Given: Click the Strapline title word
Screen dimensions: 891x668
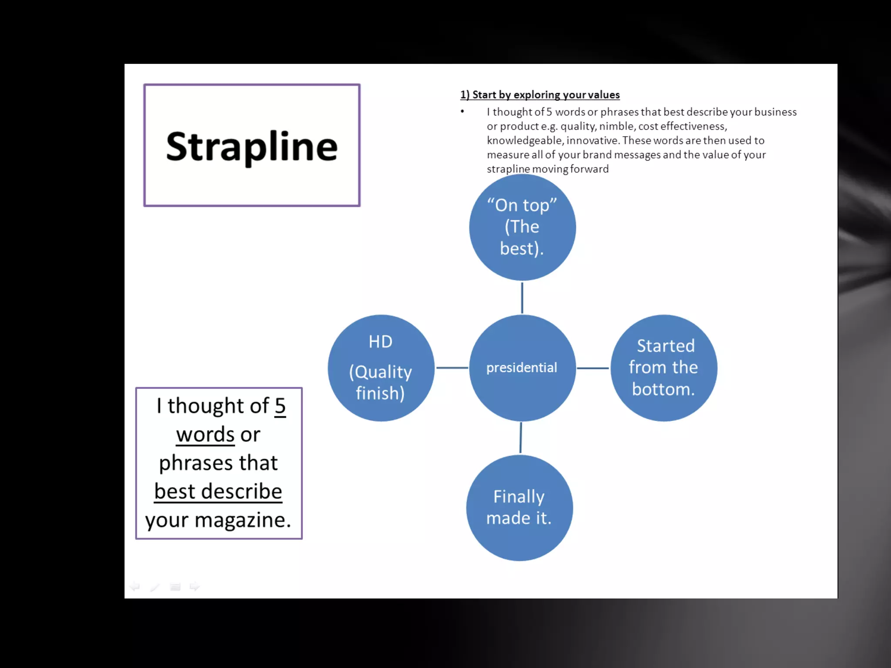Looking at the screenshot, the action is point(251,147).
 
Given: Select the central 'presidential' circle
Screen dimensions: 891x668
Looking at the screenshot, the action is point(522,368).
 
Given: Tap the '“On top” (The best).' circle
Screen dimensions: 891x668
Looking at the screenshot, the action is point(522,227).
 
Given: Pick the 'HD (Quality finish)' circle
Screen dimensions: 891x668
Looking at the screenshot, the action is point(381,368).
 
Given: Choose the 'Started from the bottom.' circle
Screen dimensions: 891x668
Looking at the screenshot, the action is point(663,368).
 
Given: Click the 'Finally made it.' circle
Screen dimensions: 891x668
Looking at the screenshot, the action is point(519,508).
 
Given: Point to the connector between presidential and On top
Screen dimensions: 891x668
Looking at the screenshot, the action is point(522,297).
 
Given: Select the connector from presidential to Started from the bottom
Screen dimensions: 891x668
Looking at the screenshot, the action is point(593,368).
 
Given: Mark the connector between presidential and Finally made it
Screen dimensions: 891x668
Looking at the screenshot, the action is point(521,438).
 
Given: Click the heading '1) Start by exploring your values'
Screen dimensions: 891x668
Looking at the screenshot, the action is point(540,95).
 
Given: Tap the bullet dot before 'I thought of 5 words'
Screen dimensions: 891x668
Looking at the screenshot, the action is point(462,112).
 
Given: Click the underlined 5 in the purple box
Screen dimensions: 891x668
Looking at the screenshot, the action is point(280,406).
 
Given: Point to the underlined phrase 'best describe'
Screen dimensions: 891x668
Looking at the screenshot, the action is point(218,491).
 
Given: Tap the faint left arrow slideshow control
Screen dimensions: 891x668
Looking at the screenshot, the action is point(135,587).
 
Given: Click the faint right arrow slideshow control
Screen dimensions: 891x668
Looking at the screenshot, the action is point(194,587).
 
